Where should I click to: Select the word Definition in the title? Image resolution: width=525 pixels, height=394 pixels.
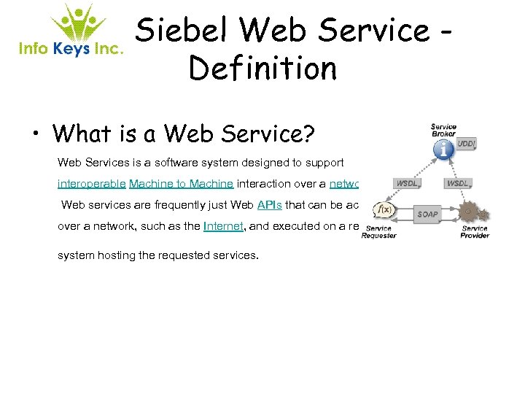(x=262, y=69)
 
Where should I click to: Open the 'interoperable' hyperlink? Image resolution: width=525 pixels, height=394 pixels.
(x=91, y=184)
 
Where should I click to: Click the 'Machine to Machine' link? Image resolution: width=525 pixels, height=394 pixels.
(x=181, y=184)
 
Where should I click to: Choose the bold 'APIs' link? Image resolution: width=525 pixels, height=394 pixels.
(x=270, y=205)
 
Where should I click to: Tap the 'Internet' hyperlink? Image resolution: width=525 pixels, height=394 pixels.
(x=223, y=226)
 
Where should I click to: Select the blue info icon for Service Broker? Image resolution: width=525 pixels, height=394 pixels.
(x=443, y=150)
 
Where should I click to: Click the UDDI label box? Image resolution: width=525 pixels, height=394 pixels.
(x=466, y=144)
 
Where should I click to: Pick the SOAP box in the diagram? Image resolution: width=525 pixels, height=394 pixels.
(x=427, y=215)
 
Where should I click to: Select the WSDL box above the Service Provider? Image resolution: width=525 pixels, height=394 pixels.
(x=458, y=183)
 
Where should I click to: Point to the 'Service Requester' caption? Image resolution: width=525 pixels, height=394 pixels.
(x=378, y=232)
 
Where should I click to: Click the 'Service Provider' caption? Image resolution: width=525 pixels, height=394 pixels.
(x=475, y=232)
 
